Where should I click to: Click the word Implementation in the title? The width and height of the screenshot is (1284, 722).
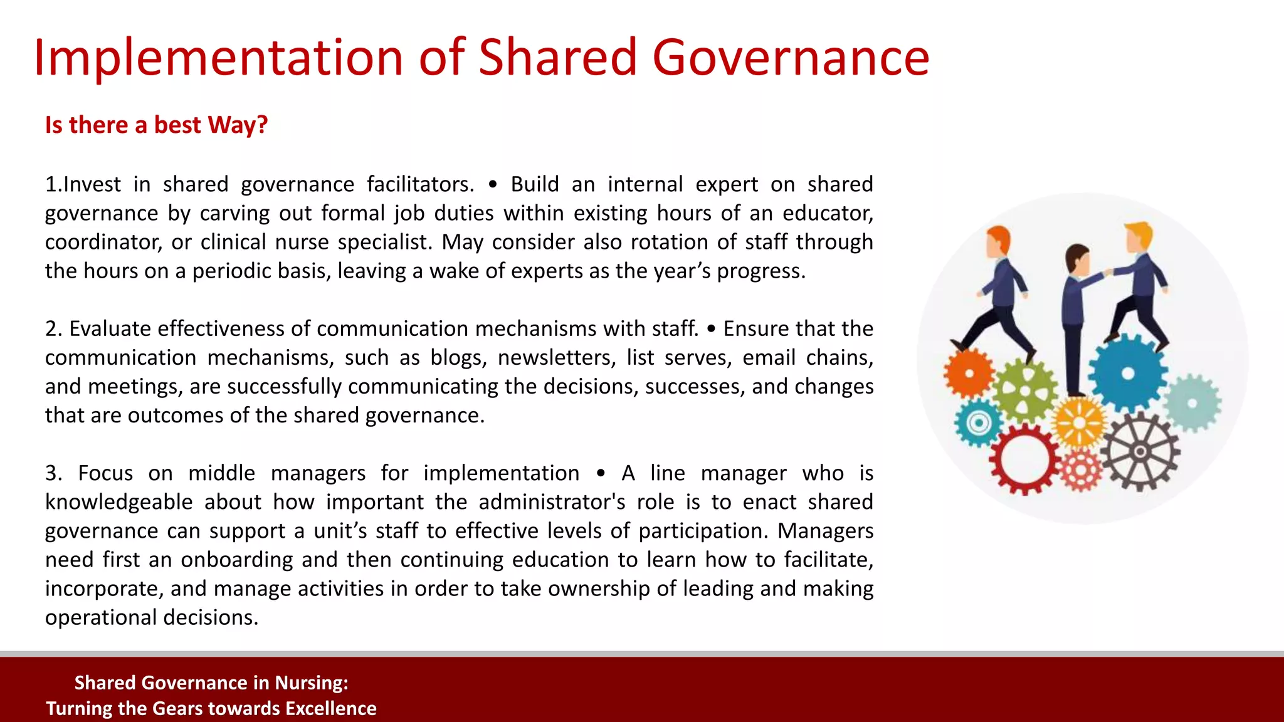[x=218, y=58]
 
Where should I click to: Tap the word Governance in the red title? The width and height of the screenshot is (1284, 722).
[x=791, y=58]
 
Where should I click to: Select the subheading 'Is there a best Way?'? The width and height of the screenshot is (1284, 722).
[x=156, y=125]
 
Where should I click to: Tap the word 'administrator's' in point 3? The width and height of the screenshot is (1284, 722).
[x=552, y=502]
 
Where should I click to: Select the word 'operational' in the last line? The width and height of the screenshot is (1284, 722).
[x=100, y=617]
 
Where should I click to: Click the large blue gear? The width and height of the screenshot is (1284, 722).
[x=1127, y=374]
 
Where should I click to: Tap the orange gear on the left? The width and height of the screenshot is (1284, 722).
[x=969, y=374]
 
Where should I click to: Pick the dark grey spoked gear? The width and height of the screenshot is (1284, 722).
[x=1140, y=451]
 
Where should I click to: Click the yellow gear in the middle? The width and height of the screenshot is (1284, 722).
[x=1079, y=423]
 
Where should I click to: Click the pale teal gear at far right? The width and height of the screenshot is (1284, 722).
[x=1192, y=404]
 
